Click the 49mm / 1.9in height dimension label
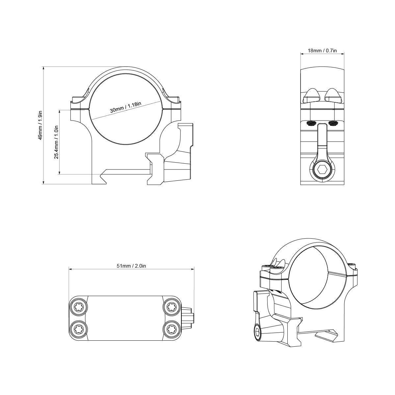point(40,125)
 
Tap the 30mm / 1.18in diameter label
point(125,108)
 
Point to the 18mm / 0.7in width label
point(322,51)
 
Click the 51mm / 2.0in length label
point(131,266)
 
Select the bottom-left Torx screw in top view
point(79,328)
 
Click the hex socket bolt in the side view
point(322,170)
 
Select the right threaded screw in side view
point(333,124)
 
